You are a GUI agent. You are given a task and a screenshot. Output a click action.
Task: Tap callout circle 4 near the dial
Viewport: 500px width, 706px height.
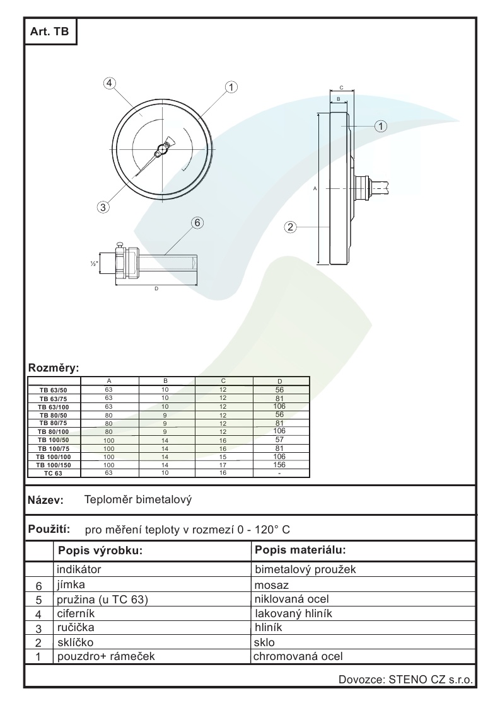click(x=110, y=83)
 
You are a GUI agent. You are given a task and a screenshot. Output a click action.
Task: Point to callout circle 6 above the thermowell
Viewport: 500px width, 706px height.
click(x=197, y=222)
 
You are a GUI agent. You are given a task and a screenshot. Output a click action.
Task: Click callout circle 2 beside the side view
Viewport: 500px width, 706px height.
click(x=291, y=227)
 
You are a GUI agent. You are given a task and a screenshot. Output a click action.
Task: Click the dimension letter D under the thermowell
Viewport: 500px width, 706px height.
click(x=156, y=289)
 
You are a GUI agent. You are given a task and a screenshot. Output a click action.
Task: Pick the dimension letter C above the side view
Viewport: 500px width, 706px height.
click(x=340, y=88)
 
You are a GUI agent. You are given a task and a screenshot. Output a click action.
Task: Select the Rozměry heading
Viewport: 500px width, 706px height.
click(x=54, y=367)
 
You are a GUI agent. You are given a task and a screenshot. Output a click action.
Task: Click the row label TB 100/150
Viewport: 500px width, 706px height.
click(x=54, y=464)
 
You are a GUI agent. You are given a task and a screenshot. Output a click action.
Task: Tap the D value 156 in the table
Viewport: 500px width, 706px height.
click(x=280, y=464)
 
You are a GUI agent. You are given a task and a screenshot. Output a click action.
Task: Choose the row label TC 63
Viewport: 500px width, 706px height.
click(x=54, y=472)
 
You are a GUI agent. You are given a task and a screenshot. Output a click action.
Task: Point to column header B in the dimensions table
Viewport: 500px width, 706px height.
click(x=165, y=381)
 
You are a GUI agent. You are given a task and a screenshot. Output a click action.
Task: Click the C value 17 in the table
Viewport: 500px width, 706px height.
click(x=223, y=464)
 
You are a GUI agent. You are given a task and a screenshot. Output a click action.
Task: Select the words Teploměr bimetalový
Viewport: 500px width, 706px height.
click(x=137, y=500)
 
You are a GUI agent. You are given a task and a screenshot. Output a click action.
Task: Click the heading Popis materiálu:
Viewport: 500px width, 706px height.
click(x=301, y=550)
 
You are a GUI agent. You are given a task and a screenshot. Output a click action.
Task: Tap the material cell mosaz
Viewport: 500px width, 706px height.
click(x=270, y=584)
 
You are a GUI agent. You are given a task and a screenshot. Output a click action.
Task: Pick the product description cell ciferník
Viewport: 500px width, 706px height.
click(x=76, y=613)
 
